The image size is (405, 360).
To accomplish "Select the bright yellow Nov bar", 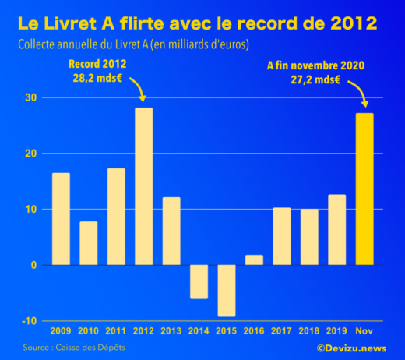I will click(x=364, y=189).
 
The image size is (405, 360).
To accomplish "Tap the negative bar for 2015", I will click(x=227, y=291).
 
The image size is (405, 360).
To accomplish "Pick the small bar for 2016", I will click(x=254, y=260).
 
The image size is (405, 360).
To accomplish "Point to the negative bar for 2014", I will click(x=199, y=281).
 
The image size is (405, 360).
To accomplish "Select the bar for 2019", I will click(x=336, y=230).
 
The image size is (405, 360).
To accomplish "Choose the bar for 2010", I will click(x=89, y=243).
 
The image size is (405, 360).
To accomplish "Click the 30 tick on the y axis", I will click(x=30, y=97).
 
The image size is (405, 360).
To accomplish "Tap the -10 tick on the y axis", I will click(x=28, y=321).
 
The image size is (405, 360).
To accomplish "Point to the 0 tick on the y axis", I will click(x=33, y=265).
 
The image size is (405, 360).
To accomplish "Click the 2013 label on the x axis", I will click(x=171, y=330).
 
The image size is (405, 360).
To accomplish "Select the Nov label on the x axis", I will click(x=364, y=330).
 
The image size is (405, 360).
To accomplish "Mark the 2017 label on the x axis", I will click(x=281, y=330).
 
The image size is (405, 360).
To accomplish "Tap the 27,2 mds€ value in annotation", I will click(x=327, y=79).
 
